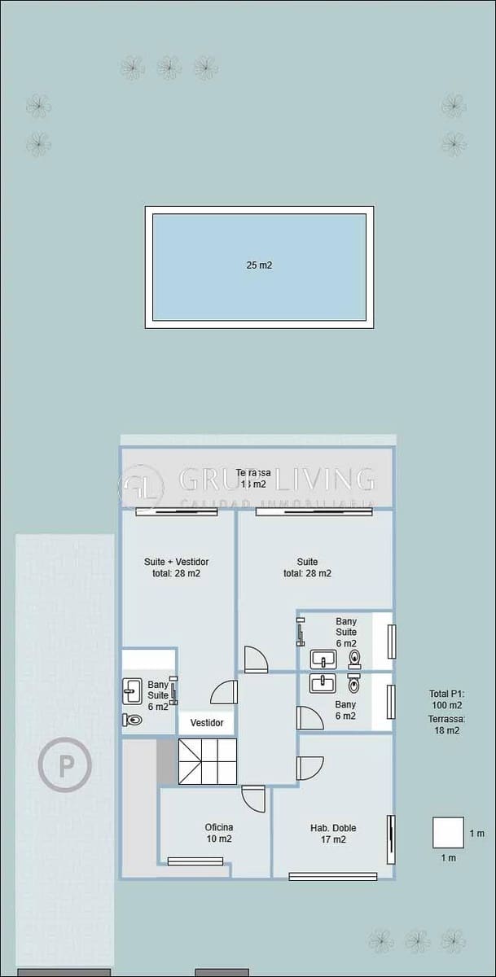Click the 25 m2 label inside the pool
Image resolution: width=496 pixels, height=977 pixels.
click(x=259, y=265)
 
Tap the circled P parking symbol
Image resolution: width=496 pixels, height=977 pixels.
click(x=64, y=765)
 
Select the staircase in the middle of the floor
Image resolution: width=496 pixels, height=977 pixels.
click(x=208, y=762)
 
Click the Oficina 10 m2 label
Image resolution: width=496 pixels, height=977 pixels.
click(x=218, y=833)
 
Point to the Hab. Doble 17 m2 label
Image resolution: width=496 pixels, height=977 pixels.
click(x=332, y=834)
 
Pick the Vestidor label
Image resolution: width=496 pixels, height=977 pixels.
click(x=207, y=723)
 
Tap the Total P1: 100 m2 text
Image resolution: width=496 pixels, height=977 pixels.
click(x=446, y=699)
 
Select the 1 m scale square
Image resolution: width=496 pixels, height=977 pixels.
click(x=448, y=833)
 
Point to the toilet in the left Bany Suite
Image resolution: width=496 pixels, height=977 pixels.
click(x=132, y=720)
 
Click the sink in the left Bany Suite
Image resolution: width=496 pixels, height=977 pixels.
click(x=132, y=691)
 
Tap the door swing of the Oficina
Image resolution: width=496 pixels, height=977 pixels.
click(x=253, y=798)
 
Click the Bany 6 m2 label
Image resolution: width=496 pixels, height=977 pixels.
click(x=345, y=710)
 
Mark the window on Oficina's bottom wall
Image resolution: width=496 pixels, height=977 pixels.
click(x=195, y=861)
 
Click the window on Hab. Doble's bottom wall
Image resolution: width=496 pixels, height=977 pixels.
click(x=332, y=877)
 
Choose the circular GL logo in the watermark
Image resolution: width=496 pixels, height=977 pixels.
click(x=141, y=487)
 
